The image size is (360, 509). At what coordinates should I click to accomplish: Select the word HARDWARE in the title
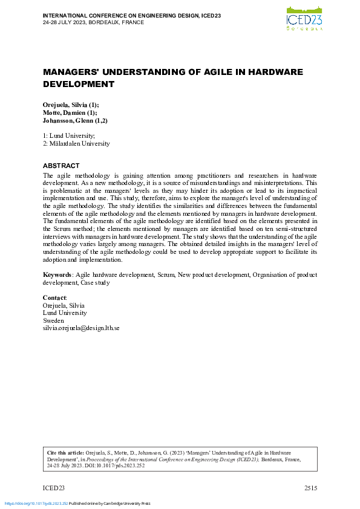273,72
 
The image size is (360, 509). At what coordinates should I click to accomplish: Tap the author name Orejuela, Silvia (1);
71,105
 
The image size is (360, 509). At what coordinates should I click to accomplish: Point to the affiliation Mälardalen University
79,144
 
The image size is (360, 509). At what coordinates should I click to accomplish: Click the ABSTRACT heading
61,166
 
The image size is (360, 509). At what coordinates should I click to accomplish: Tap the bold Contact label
54,298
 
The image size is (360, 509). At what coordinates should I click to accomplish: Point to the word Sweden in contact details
53,321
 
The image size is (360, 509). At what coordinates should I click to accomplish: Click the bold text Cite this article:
65,452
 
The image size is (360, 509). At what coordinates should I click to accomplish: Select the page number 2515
310,488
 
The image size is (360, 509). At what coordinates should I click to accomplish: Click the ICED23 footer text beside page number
53,488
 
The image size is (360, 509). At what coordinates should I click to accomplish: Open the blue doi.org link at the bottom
36,503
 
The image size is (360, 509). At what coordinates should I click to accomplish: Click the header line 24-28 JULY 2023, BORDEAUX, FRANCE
93,21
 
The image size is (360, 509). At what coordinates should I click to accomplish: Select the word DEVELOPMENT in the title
79,84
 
